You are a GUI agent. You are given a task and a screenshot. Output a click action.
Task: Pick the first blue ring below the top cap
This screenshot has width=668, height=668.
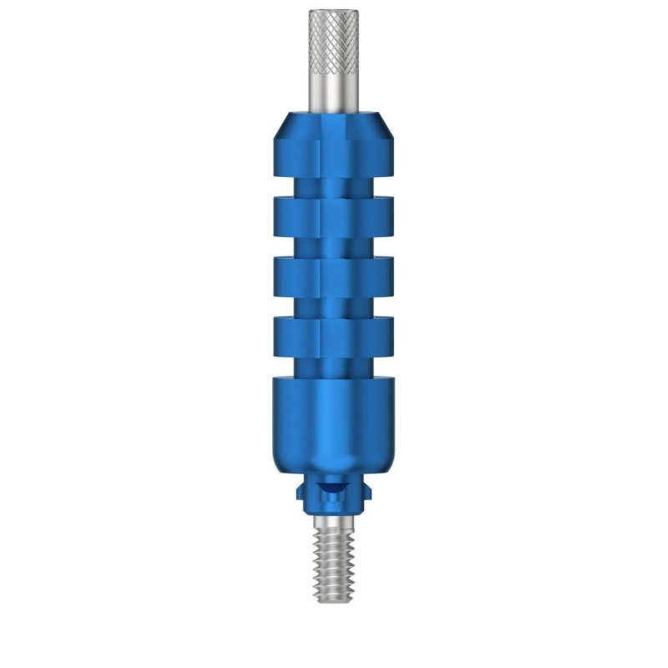click(334, 215)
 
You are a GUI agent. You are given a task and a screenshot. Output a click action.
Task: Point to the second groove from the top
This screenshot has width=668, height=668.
click(334, 246)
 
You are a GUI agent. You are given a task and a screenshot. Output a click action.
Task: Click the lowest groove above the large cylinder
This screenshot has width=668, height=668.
click(334, 366)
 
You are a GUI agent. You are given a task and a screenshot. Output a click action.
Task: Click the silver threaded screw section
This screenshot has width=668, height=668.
click(334, 559)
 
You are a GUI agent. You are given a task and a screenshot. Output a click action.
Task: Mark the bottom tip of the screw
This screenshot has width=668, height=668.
click(334, 599)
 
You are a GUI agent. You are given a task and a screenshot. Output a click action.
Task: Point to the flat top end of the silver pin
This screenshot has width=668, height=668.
click(334, 12)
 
